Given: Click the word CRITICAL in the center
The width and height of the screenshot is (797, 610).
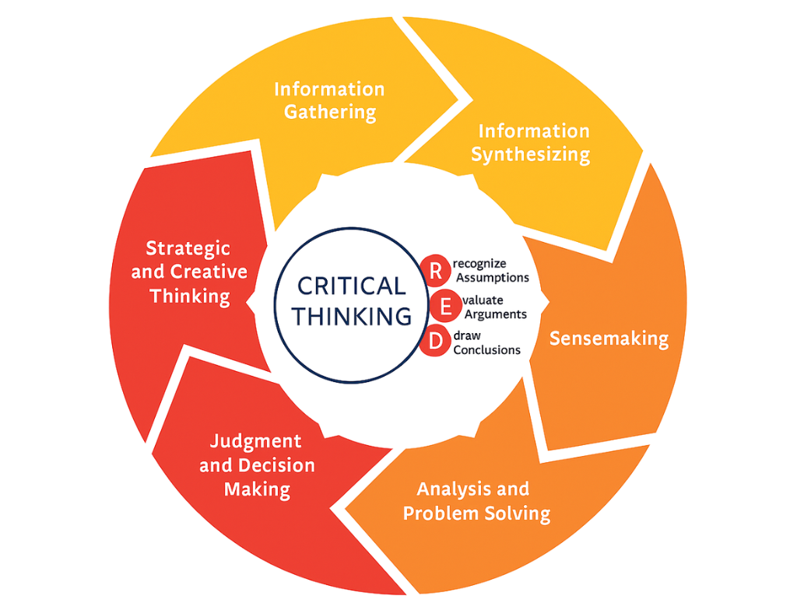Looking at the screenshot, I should coord(352,286).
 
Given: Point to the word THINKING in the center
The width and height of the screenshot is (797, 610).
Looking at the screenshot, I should coord(352,317).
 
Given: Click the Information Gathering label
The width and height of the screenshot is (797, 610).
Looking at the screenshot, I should coord(329,100).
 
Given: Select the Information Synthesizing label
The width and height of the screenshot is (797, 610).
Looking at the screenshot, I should coord(531,142).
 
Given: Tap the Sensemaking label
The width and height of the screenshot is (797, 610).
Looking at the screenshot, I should coord(609,338).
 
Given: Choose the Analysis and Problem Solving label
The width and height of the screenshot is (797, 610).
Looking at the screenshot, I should coord(476,501).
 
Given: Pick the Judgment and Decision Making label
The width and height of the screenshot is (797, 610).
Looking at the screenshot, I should coord(258,465).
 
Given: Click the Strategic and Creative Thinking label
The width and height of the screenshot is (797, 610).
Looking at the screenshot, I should coord(189,272).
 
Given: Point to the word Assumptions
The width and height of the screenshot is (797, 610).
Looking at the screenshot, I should coord(492,278).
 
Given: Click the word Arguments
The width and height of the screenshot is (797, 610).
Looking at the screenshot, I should coord(494,314).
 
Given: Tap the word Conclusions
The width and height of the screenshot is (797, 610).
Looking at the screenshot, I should coord(487,350).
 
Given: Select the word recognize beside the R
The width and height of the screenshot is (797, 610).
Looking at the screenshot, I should coord(479,265).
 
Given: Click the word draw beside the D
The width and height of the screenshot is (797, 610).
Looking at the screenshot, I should coord(466,336).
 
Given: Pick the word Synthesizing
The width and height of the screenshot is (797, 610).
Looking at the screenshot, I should coord(531,154).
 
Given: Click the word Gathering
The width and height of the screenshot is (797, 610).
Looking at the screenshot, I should coord(329,112).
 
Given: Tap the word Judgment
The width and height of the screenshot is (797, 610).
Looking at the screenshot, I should coord(256,441).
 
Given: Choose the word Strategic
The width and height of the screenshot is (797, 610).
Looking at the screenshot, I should coord(188,248).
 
